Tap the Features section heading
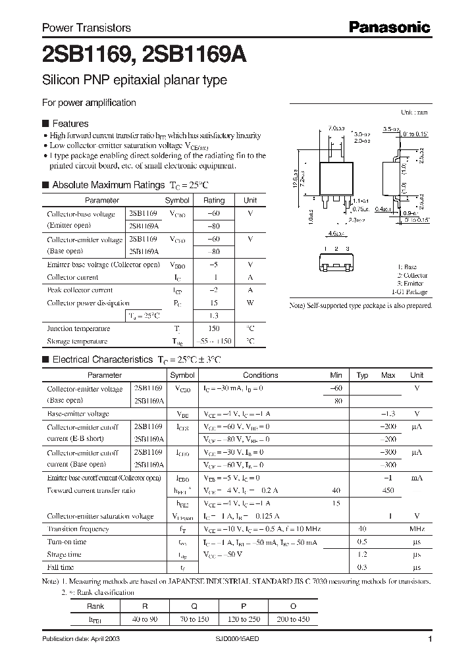click(x=70, y=123)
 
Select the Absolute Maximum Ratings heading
click(x=108, y=185)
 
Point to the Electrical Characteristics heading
click(x=102, y=360)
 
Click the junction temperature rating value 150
click(x=214, y=328)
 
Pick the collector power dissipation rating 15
click(x=214, y=303)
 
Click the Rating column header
click(x=214, y=200)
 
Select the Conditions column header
click(x=261, y=375)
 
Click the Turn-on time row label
click(x=66, y=542)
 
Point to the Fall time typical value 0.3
click(x=361, y=567)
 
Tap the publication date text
click(x=81, y=639)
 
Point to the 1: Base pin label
click(x=413, y=267)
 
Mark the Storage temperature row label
click(x=77, y=342)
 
